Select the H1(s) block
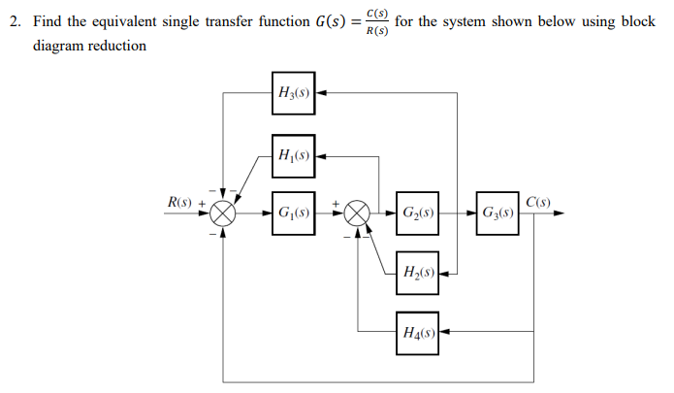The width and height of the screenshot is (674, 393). pyautogui.click(x=293, y=153)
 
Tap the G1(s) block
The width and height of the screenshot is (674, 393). pyautogui.click(x=293, y=213)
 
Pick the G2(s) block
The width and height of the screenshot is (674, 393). pyautogui.click(x=417, y=213)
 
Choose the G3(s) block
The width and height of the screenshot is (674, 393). pyautogui.click(x=497, y=213)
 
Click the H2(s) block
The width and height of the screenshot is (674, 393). pyautogui.click(x=417, y=273)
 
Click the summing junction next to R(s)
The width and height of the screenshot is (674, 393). pyautogui.click(x=224, y=213)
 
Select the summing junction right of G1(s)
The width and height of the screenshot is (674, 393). pyautogui.click(x=359, y=213)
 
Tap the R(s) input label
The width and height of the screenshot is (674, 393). pyautogui.click(x=179, y=203)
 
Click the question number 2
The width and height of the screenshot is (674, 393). pyautogui.click(x=15, y=21)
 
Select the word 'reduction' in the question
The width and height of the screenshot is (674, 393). pyautogui.click(x=117, y=46)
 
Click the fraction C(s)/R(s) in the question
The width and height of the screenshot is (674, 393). pyautogui.click(x=375, y=21)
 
